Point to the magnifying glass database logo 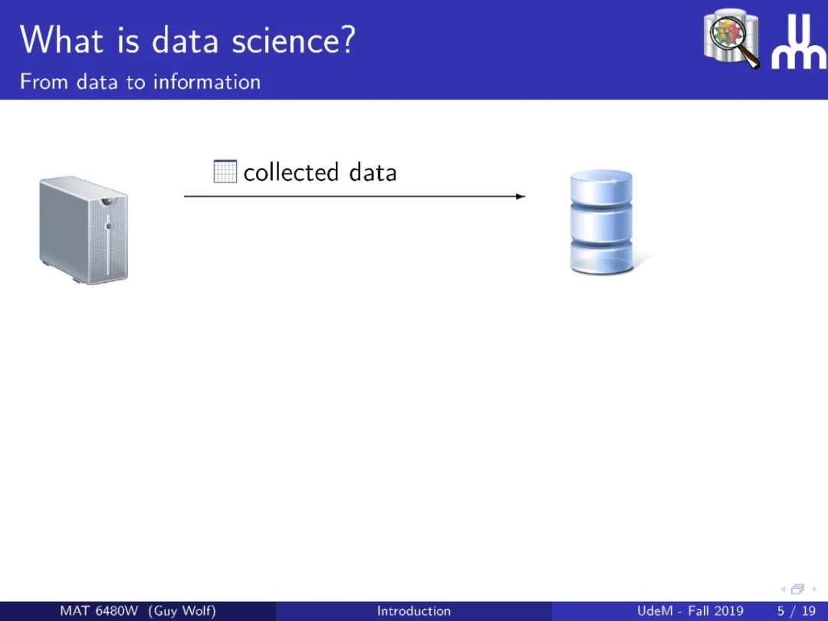coord(732,38)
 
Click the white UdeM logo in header coord(799,41)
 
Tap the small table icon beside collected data coord(225,172)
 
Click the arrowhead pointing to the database coord(520,196)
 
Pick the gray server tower coord(84,230)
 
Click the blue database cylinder coord(602,222)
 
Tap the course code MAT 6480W coord(99,611)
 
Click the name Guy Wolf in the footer coord(182,611)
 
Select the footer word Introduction coord(414,611)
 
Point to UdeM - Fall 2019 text coord(690,611)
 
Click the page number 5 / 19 coord(797,611)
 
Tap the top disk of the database coord(602,186)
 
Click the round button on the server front coord(110,226)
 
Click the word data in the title coord(186,40)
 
